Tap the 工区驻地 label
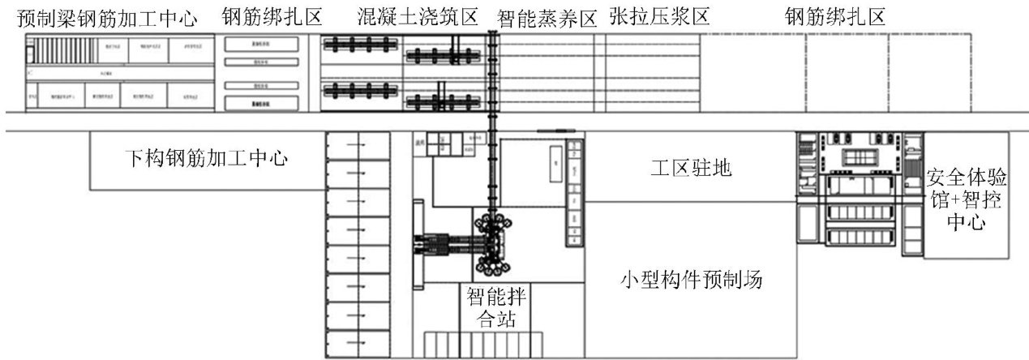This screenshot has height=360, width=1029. tap(692, 169)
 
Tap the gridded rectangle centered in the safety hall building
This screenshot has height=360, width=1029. tap(861, 156)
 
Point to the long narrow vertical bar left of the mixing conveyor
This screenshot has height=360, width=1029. tap(418, 243)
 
